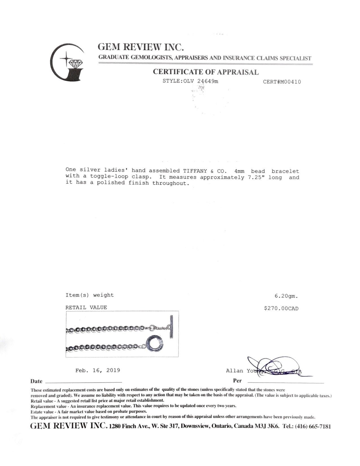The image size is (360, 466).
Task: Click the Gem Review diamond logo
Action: point(67,62)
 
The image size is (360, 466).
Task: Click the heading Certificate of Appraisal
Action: point(206,72)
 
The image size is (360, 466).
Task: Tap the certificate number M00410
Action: point(282,82)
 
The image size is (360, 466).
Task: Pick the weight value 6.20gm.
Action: point(286,296)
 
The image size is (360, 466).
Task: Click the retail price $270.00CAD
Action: point(281,308)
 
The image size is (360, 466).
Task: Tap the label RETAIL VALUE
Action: point(86,308)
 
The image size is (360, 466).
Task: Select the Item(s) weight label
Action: point(90,295)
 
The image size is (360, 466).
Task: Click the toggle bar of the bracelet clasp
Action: point(171,326)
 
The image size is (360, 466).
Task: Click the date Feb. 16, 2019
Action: point(98,370)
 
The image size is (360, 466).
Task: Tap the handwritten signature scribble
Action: point(271,366)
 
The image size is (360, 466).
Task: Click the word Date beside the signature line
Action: point(36,381)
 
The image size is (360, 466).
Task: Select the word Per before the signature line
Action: point(237,381)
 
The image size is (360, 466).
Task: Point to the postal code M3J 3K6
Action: point(266,426)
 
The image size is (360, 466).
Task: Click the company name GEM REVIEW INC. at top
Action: point(141,47)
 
